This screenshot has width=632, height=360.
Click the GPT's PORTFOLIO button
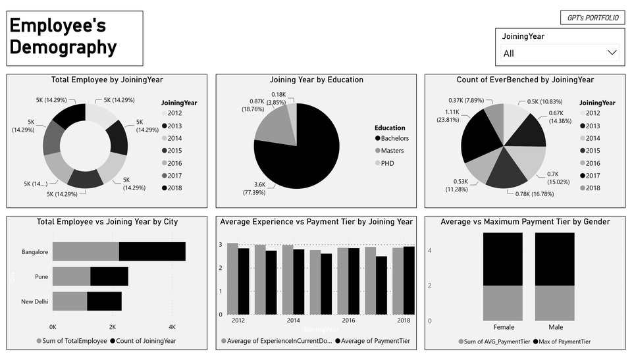(x=592, y=18)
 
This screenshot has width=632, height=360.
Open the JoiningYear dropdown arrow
(x=612, y=53)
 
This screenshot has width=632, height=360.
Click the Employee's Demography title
(x=63, y=38)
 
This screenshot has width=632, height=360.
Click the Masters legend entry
(x=392, y=151)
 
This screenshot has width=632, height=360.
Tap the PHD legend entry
(x=387, y=163)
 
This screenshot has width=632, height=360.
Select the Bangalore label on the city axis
(x=36, y=252)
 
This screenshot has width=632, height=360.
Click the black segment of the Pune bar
(x=109, y=276)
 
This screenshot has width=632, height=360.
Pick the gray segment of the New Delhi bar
(x=70, y=301)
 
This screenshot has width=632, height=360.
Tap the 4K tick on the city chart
(x=172, y=327)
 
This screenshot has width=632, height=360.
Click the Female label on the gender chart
(x=504, y=327)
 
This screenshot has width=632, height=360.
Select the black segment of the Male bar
(x=554, y=259)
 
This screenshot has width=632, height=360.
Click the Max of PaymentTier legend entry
(x=562, y=342)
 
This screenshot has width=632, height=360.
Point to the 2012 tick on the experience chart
(x=238, y=320)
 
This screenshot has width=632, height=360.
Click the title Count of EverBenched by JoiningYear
(x=525, y=80)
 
